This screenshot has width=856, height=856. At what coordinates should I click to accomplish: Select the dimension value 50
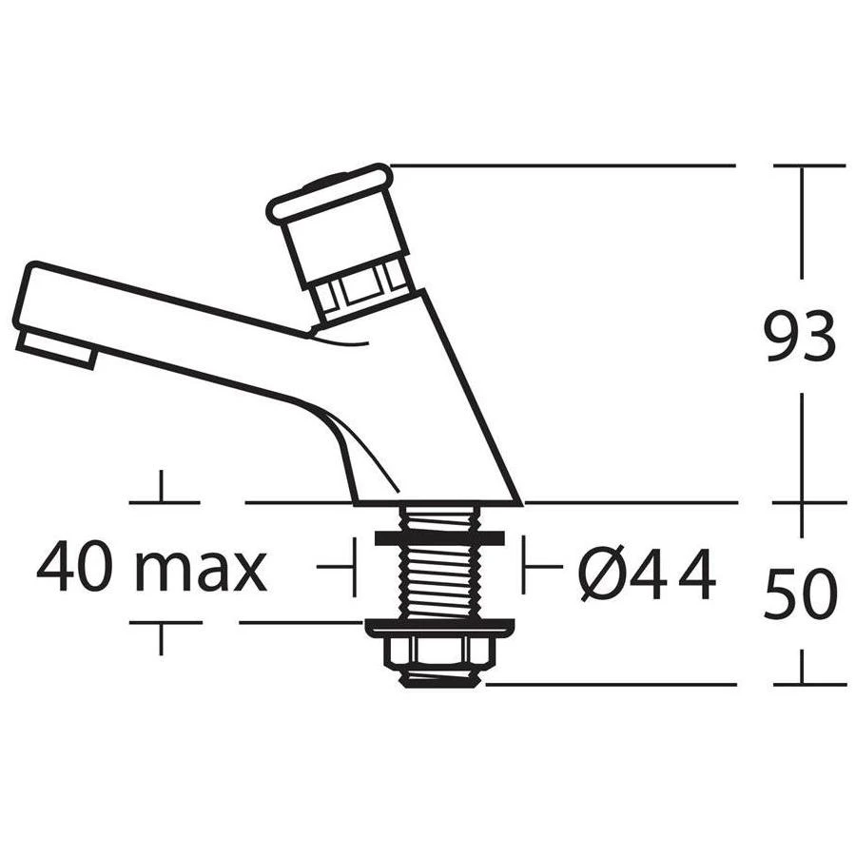[800, 594]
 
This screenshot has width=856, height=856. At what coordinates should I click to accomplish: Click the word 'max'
[200, 570]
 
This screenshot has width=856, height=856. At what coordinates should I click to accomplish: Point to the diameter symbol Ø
[602, 574]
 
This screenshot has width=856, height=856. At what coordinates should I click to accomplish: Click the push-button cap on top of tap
[330, 193]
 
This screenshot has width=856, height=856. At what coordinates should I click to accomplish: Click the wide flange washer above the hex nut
[438, 627]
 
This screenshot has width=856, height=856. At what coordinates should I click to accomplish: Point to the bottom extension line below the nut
[609, 684]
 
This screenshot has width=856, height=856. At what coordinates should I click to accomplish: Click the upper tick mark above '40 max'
[161, 487]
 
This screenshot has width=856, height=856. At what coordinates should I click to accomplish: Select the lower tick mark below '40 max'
[161, 637]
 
